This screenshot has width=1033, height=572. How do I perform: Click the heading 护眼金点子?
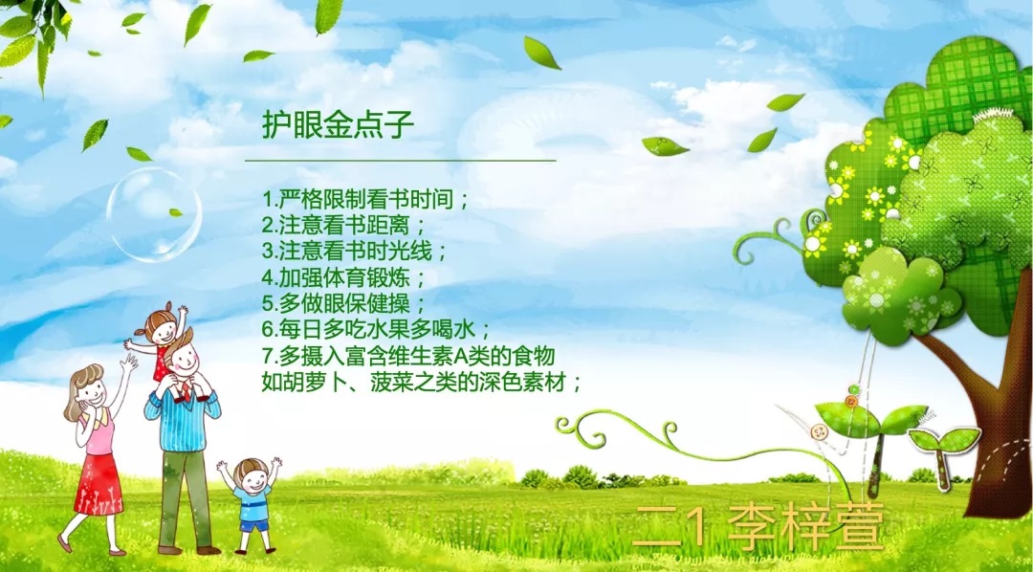click(x=338, y=125)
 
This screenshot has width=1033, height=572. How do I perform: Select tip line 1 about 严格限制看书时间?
click(x=365, y=199)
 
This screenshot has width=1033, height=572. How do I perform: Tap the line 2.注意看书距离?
click(x=344, y=226)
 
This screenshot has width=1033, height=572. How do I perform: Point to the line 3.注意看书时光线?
click(x=355, y=252)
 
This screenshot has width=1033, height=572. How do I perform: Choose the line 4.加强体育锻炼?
click(x=344, y=277)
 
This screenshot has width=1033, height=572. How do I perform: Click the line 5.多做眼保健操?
click(x=344, y=304)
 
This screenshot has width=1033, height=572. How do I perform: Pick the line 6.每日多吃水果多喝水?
click(x=376, y=330)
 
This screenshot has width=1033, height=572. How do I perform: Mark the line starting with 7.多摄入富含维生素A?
click(x=408, y=357)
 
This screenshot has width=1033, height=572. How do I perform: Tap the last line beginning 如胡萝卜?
click(x=423, y=383)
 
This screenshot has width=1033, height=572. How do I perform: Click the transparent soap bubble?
click(x=154, y=215)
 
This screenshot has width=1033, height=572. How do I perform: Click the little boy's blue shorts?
click(x=254, y=525)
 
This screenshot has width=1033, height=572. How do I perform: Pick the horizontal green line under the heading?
click(x=401, y=160)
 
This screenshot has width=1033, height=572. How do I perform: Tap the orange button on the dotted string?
click(x=852, y=402)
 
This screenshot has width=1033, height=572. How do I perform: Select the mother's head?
click(x=86, y=388)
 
